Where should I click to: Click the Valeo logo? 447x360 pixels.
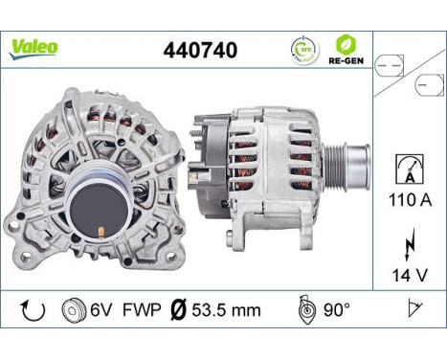34,46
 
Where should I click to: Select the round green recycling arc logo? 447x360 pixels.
304,49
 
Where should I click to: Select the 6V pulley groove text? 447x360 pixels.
99,310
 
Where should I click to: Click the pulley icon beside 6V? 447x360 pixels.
71,310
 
